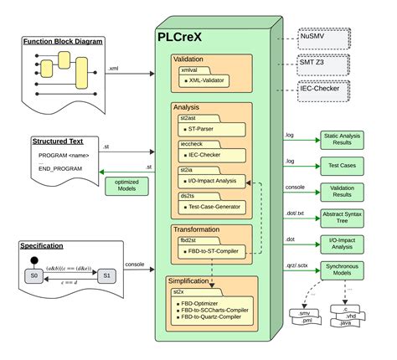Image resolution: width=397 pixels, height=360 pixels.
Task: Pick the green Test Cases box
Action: [x=350, y=167]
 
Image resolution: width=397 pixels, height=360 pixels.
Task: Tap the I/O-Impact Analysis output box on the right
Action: [x=350, y=244]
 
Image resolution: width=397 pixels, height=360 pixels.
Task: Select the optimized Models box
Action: [x=127, y=186]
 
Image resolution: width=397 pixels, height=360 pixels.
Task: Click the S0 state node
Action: [x=35, y=275]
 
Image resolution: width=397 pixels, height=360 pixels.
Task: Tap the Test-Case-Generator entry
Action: [x=219, y=205]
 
